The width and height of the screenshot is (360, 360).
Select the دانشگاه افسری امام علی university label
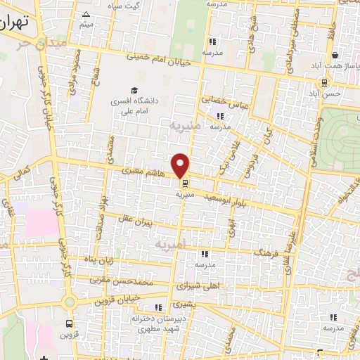[x=133, y=105]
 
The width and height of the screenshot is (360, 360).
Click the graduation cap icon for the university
[x=134, y=90]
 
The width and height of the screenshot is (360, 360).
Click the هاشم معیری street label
[x=143, y=169]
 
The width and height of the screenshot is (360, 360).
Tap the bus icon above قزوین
[x=68, y=324]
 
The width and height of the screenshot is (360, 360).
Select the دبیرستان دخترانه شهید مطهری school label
[x=160, y=323]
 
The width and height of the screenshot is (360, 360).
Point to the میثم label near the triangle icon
[x=86, y=26]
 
